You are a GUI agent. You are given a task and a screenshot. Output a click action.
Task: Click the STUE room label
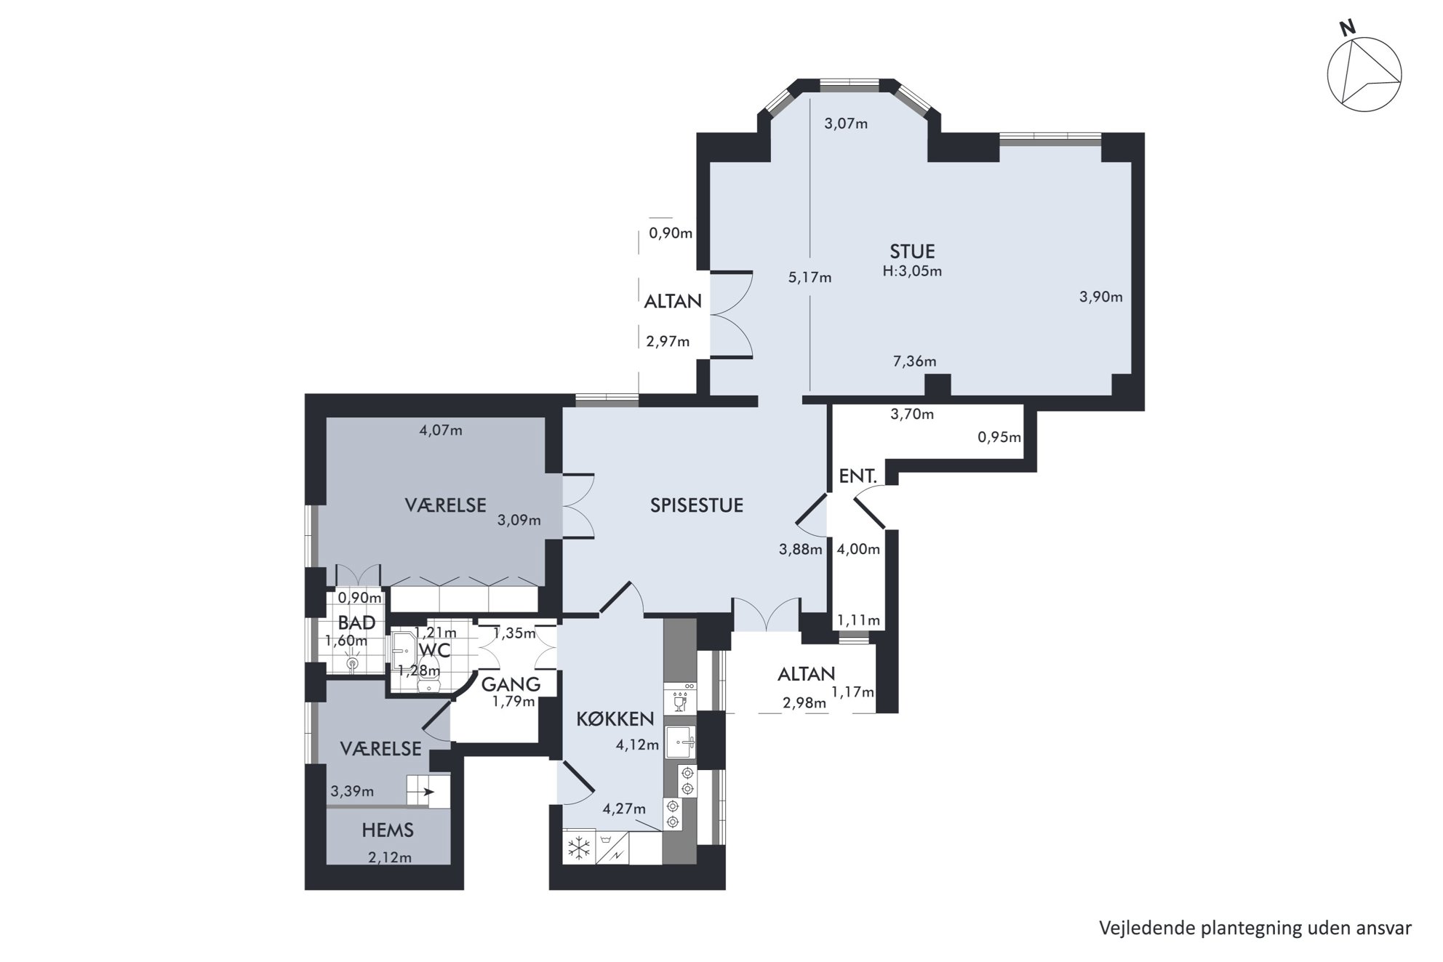[x=912, y=252]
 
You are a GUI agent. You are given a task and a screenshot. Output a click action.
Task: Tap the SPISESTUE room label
[x=697, y=505]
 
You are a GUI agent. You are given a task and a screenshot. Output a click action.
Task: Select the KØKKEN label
[x=615, y=719]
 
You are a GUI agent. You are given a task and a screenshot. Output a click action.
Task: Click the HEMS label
[x=388, y=830]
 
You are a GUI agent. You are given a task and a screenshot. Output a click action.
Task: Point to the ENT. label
[x=858, y=476]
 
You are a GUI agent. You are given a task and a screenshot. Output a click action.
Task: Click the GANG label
[x=511, y=684]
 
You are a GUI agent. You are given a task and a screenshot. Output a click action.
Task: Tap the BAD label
[x=357, y=622]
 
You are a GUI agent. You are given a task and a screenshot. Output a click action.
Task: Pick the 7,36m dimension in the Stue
[x=914, y=361]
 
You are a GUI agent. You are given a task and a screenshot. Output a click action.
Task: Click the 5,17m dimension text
[x=810, y=277]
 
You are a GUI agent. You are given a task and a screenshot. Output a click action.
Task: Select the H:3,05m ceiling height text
[x=912, y=271]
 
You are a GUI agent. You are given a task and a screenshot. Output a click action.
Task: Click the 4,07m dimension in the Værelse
[x=441, y=430]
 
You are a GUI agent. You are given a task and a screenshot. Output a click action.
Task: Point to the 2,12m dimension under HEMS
[x=390, y=857]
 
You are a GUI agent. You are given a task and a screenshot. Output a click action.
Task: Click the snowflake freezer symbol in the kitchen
[x=580, y=848]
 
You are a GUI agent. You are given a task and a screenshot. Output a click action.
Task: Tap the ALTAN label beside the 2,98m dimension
[x=806, y=674]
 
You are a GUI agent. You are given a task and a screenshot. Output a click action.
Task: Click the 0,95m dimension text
[x=999, y=437]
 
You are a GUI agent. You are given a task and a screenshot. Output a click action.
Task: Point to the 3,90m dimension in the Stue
[x=1100, y=297]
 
